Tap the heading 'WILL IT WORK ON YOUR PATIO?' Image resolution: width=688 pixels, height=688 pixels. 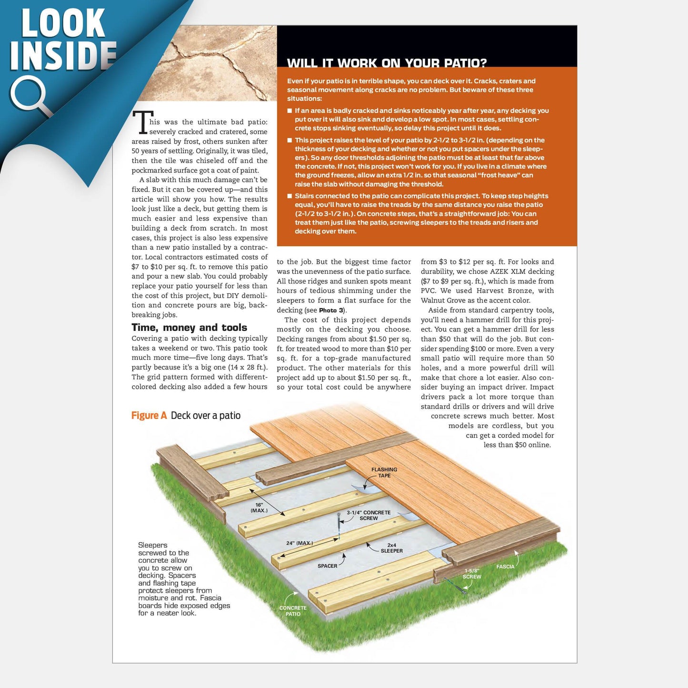tap(387, 63)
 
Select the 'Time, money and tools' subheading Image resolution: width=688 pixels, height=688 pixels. tap(189, 328)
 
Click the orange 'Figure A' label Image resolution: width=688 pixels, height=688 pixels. tap(149, 416)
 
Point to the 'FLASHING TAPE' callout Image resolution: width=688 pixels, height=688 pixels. tap(384, 472)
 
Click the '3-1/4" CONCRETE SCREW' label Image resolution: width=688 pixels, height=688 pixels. tap(369, 515)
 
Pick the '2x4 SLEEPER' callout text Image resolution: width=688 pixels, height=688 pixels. tap(391, 548)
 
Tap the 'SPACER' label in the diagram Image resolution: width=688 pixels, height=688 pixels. tap(327, 566)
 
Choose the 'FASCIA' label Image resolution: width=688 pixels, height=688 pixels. tap(505, 567)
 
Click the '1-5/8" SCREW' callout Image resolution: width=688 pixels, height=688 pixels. tap(472, 573)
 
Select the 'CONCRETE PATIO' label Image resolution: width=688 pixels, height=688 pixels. tap(293, 611)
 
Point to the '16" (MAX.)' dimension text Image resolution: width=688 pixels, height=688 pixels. tap(259, 508)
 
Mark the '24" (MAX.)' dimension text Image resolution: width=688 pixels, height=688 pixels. tap(299, 543)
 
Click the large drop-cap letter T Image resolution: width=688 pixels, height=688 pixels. tap(142, 122)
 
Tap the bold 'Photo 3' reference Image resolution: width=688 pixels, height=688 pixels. tap(331, 310)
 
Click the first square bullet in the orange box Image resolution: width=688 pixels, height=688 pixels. tap(289, 111)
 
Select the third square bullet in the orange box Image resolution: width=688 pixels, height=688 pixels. tap(289, 196)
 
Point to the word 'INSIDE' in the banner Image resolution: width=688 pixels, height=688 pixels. tap(63, 56)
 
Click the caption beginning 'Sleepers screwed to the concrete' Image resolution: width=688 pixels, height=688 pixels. tap(184, 579)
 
